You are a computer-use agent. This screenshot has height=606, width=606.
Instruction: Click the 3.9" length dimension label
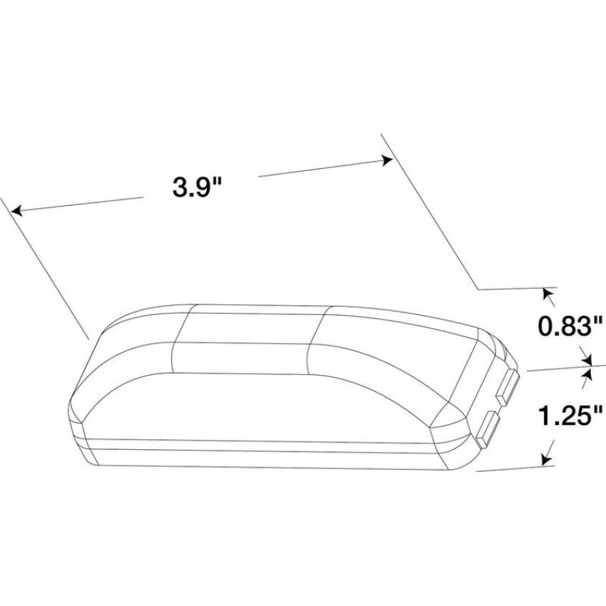(197, 188)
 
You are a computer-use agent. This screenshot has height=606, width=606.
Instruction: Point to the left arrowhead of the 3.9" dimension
(16, 211)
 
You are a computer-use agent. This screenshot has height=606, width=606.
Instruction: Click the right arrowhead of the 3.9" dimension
(387, 160)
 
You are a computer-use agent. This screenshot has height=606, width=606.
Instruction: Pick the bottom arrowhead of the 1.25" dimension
(545, 459)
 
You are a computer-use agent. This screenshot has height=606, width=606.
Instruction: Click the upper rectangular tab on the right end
(508, 387)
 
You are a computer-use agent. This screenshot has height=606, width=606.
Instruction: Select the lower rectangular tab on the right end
(488, 429)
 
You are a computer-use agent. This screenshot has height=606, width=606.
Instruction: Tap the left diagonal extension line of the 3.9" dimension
(45, 269)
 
